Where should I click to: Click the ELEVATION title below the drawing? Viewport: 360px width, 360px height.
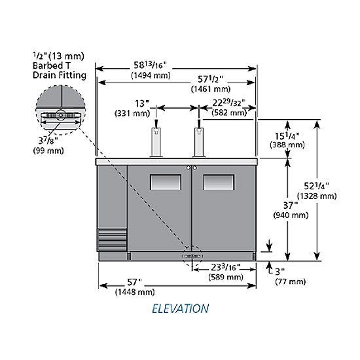point(181,308)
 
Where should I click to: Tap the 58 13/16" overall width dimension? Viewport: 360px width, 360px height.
point(150,65)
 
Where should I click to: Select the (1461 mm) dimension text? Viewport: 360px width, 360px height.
point(211,89)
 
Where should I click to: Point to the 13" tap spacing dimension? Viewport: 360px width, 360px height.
point(142,104)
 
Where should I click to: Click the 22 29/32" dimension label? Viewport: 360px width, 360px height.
point(228,103)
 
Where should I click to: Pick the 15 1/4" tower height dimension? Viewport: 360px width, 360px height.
point(287,136)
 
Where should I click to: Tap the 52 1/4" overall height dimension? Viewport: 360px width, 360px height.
point(316,186)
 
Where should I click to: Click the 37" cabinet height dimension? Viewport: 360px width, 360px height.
point(291,206)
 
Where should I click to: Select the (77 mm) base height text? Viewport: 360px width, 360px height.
point(291,281)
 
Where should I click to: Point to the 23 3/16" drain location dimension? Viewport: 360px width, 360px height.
point(225,267)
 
